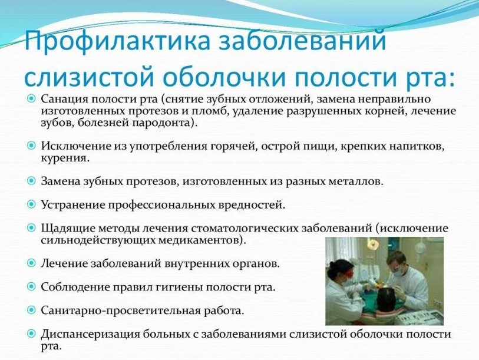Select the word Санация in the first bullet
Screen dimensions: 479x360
[64, 99]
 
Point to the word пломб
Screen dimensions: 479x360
[209, 111]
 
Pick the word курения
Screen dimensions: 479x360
[64, 158]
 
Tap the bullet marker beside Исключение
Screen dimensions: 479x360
[31, 146]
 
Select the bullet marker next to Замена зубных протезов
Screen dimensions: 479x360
[31, 181]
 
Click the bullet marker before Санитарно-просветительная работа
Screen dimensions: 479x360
[31, 311]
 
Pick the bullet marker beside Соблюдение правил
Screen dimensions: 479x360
[31, 287]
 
